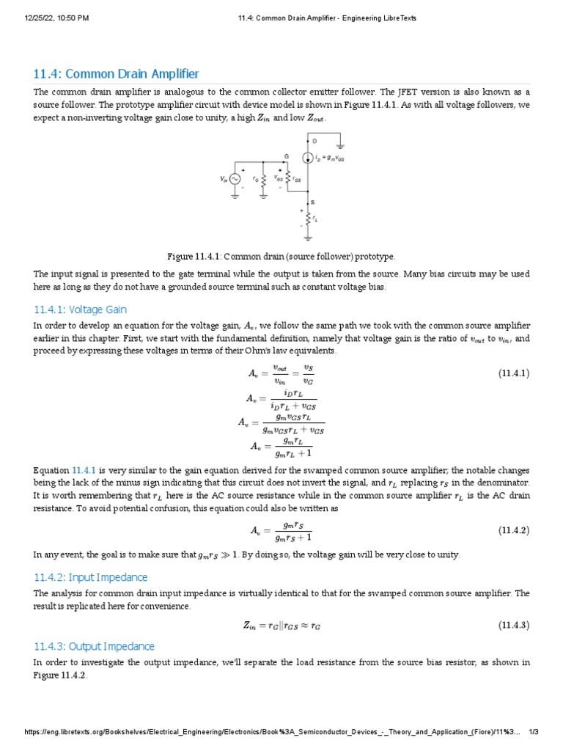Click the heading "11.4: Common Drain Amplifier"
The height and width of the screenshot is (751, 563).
point(116,74)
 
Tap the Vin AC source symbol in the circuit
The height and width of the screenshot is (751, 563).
point(235,179)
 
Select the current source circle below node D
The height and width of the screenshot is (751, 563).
point(307,158)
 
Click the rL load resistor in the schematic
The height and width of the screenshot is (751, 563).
point(307,219)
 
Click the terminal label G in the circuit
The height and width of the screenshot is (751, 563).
point(286,155)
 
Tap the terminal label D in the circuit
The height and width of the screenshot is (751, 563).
point(314,140)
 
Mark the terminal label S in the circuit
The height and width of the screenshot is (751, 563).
point(313,202)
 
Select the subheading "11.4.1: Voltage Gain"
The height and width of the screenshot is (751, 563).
point(80,309)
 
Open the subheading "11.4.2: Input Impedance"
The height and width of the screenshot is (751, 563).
point(90,577)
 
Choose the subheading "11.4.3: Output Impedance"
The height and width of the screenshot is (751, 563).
point(94,646)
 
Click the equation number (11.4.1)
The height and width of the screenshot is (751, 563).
point(514,373)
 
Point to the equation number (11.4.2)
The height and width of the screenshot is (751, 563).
point(514,530)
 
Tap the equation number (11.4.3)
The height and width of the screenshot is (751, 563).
point(514,625)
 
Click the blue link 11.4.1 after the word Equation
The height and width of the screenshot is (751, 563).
point(84,469)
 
